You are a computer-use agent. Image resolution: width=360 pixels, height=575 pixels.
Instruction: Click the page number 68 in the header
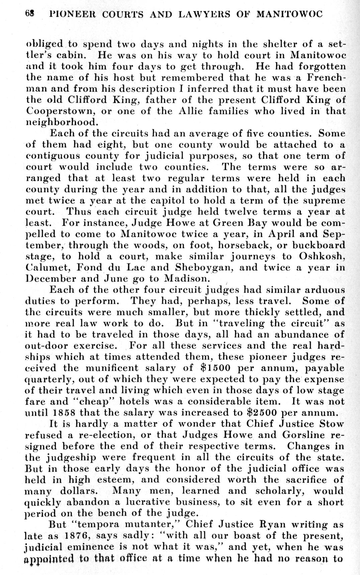point(29,14)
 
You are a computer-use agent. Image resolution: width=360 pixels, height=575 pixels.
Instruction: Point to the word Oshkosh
point(322,256)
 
